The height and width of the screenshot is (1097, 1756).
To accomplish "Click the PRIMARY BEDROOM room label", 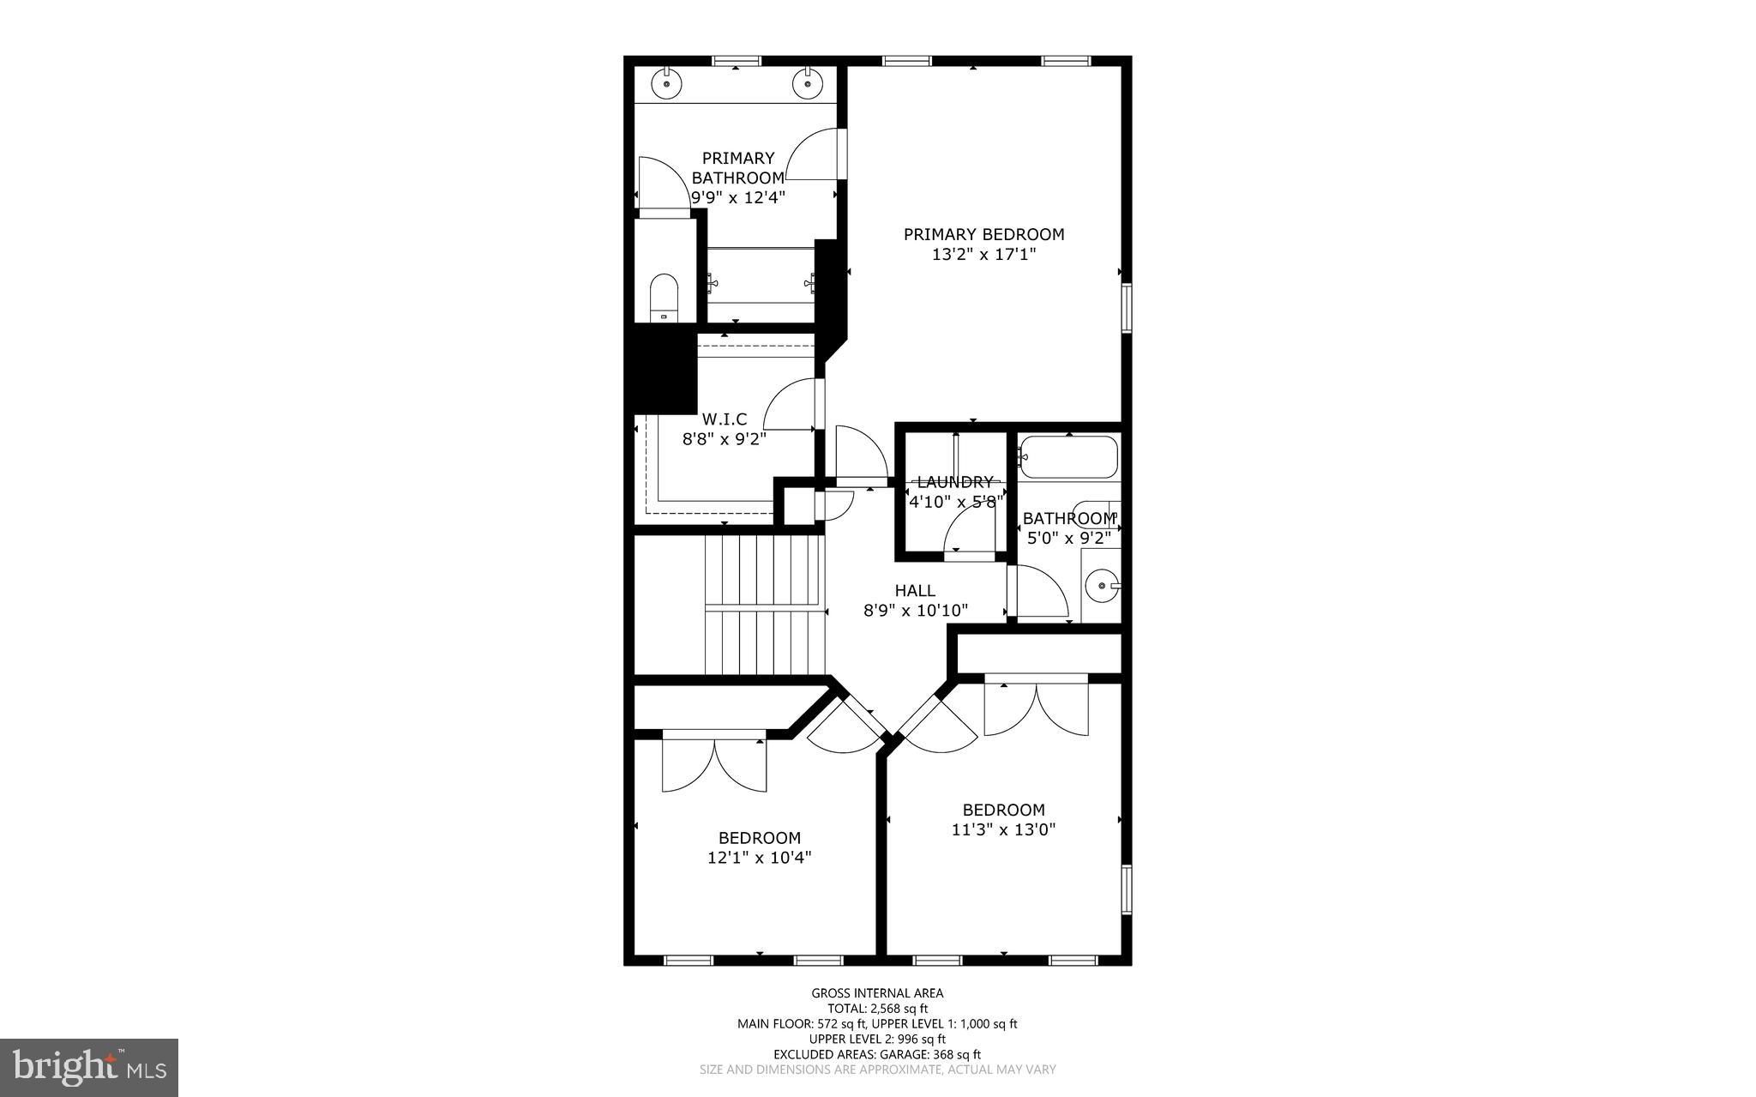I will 983,234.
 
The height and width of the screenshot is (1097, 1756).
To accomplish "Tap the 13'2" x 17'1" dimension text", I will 983,255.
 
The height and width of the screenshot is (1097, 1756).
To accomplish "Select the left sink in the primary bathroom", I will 665,84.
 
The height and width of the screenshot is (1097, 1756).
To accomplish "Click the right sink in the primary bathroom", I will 807,84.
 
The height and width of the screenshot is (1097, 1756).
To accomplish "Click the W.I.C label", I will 725,419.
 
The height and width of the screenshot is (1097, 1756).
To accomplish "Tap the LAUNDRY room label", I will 954,482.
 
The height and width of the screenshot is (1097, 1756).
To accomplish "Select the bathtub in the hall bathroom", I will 1069,457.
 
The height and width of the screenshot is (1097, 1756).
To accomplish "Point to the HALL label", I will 915,591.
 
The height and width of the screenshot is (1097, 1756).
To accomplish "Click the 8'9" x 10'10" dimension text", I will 915,611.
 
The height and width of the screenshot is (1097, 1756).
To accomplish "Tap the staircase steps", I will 763,605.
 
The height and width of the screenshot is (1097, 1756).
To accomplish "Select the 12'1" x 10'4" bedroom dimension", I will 759,858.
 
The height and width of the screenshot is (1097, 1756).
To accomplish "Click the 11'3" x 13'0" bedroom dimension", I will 1003,830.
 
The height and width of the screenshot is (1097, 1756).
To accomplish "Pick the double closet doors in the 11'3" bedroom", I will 1036,707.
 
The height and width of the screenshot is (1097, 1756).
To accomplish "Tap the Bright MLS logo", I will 89,1067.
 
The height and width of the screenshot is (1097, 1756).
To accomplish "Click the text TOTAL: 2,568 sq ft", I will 877,1009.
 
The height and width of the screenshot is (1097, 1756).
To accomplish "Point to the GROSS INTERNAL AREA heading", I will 877,993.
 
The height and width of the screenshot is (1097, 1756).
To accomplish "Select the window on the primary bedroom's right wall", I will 1127,307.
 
